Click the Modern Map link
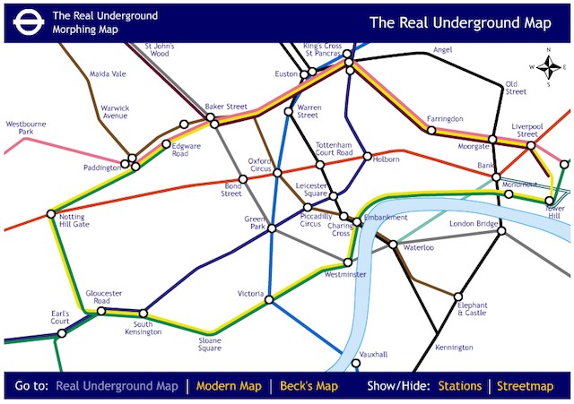(229, 386)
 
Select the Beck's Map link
(309, 386)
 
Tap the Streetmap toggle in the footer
(526, 386)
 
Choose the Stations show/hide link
(458, 386)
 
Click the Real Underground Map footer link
(117, 386)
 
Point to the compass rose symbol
(545, 66)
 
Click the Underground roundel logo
(26, 21)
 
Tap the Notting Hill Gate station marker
(50, 213)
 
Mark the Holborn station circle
(367, 157)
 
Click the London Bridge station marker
(501, 231)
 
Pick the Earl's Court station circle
(61, 333)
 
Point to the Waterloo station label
(420, 246)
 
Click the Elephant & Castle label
(472, 309)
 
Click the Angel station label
(442, 50)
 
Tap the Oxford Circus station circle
(277, 172)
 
